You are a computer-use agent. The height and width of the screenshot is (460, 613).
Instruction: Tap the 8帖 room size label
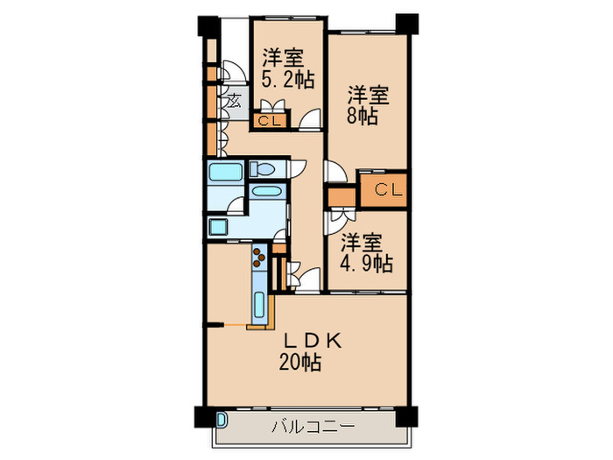tap(362, 116)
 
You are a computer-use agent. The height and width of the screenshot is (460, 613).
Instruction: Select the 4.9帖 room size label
tap(367, 262)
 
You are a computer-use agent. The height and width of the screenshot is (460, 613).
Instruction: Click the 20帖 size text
tap(300, 361)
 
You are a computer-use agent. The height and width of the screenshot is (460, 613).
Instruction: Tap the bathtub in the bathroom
tap(226, 173)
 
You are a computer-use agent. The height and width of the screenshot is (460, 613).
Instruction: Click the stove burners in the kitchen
tap(259, 256)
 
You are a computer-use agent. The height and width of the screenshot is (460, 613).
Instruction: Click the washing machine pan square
tap(218, 228)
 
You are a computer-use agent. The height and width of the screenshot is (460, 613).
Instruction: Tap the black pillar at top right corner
tap(405, 24)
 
